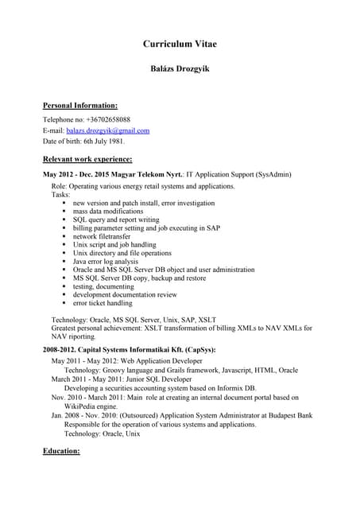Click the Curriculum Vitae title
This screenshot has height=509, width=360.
click(x=180, y=44)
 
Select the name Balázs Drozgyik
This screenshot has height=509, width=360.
click(x=180, y=70)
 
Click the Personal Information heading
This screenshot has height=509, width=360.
click(x=79, y=105)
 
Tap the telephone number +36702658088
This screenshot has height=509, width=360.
click(x=108, y=119)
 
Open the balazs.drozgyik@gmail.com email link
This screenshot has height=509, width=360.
click(x=107, y=130)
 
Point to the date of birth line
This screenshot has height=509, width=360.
click(x=83, y=142)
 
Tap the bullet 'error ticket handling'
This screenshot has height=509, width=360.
click(x=103, y=303)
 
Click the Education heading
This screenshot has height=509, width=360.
click(x=61, y=451)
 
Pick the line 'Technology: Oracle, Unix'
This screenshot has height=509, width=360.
click(x=102, y=433)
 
